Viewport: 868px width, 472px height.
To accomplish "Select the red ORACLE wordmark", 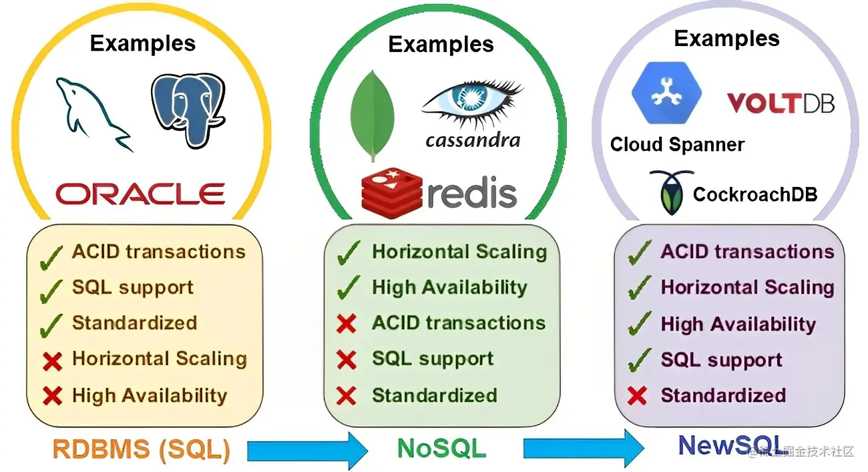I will [140, 193].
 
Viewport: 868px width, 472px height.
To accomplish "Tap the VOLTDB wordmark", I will [781, 103].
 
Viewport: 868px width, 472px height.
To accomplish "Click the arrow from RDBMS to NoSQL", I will [307, 450].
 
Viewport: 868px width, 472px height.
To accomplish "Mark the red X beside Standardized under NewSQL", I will [637, 396].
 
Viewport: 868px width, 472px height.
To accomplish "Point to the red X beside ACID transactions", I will [347, 324].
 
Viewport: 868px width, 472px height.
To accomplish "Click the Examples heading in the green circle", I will [441, 44].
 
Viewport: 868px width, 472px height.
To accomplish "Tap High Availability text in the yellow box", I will [150, 395].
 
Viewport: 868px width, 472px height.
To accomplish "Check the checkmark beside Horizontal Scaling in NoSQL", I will [349, 252].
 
